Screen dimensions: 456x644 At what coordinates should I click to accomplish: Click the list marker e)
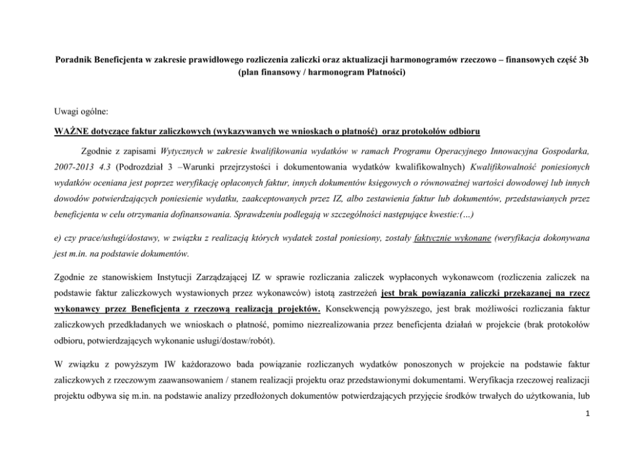pos(58,238)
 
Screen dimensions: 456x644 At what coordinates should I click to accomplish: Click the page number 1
pos(586,419)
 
